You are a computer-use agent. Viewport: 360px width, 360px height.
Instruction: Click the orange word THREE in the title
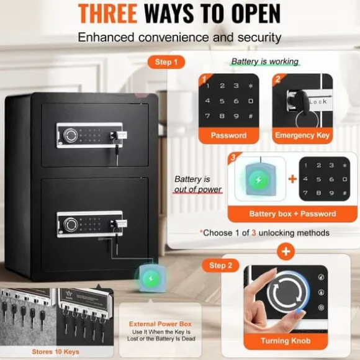click(107, 13)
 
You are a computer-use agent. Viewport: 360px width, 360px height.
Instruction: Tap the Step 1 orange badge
click(166, 62)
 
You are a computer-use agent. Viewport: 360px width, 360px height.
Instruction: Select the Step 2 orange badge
click(220, 266)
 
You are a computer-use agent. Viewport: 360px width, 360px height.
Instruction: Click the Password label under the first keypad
click(228, 135)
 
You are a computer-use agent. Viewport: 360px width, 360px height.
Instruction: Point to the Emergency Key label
click(302, 135)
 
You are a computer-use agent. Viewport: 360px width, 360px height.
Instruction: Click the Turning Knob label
click(286, 341)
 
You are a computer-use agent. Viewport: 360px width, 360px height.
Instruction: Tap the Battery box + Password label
click(292, 214)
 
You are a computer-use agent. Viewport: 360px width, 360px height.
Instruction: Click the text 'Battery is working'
click(264, 61)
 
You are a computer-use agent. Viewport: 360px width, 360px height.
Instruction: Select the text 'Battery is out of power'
click(197, 184)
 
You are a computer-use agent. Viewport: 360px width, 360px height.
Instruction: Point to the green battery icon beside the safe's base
click(151, 279)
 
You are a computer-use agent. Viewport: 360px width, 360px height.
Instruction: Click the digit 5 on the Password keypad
click(222, 101)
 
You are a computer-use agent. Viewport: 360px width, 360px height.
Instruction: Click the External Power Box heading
click(160, 324)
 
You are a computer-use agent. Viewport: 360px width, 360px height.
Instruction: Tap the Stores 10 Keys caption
click(56, 352)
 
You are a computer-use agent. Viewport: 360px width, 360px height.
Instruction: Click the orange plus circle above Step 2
click(286, 251)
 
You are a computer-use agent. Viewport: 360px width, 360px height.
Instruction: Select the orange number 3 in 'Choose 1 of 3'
click(254, 233)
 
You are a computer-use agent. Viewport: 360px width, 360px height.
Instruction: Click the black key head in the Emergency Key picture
click(299, 101)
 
